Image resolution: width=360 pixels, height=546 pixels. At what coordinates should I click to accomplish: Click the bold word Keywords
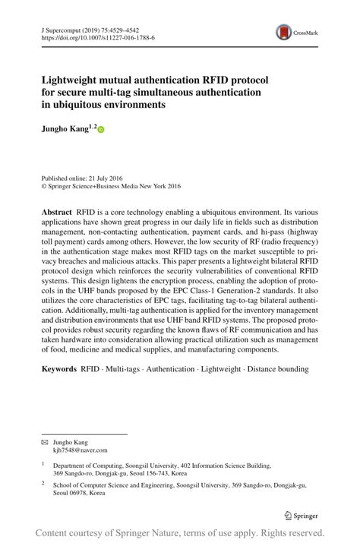[59, 369]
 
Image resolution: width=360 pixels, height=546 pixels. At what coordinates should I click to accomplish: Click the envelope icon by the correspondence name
[44, 441]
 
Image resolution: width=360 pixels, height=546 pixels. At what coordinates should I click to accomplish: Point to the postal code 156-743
[154, 472]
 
